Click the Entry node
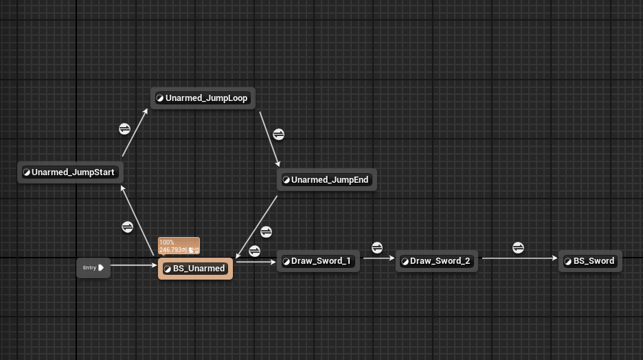(x=92, y=268)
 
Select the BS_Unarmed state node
(x=196, y=269)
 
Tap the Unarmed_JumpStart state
(x=70, y=172)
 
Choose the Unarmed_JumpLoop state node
(x=203, y=98)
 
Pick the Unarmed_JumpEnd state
(x=327, y=180)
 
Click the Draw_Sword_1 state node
(x=318, y=261)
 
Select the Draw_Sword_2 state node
(x=437, y=261)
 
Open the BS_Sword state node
(x=590, y=261)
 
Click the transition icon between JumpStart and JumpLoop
(x=124, y=128)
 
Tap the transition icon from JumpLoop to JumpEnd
(x=278, y=134)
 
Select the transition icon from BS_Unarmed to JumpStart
(x=127, y=227)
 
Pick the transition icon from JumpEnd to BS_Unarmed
(x=267, y=232)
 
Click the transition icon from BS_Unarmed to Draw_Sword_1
(x=254, y=251)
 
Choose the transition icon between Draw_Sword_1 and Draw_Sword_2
(x=376, y=247)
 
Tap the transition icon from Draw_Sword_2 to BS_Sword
(x=519, y=247)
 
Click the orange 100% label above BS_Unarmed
(x=179, y=246)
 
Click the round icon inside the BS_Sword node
(x=568, y=262)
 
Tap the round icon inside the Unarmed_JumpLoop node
(x=160, y=98)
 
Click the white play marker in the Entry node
(x=102, y=267)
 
